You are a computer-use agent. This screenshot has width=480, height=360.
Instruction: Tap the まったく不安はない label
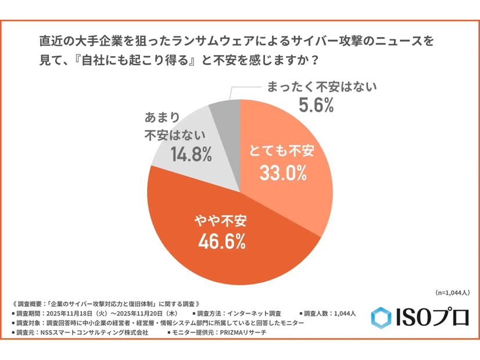point(322,87)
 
